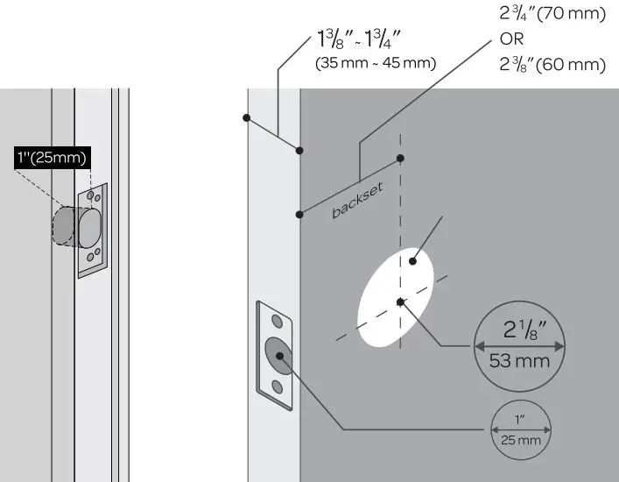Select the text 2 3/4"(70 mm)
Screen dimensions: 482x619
(552, 15)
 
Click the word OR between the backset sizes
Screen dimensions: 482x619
(511, 39)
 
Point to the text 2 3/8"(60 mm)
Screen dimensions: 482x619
(552, 64)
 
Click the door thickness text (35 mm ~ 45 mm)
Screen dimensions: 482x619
(376, 63)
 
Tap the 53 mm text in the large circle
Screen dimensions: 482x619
(519, 360)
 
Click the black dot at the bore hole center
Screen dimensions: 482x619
(400, 302)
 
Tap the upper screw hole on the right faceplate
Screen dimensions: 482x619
(277, 321)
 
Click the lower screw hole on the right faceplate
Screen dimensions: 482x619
(277, 386)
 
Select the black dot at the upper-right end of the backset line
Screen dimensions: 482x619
(400, 159)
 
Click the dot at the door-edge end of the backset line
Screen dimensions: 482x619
(300, 213)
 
